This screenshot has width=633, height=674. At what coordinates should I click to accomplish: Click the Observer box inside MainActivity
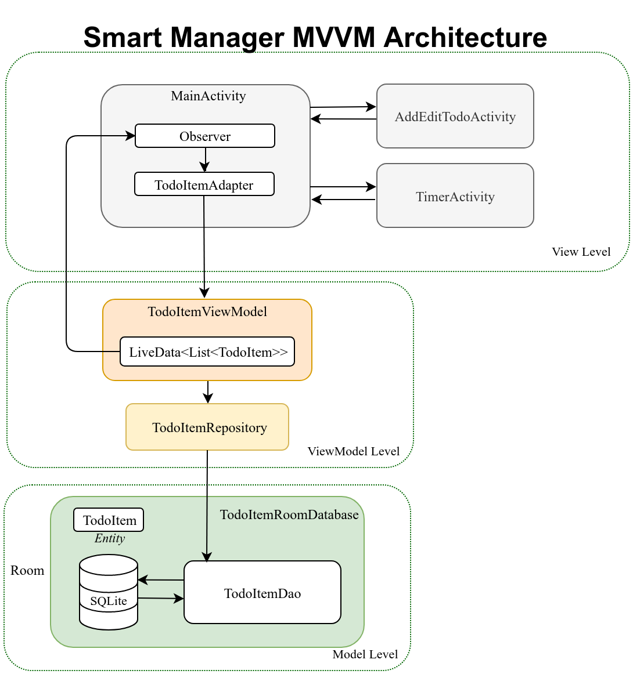(x=204, y=136)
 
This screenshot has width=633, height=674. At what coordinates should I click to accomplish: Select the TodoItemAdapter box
(x=204, y=184)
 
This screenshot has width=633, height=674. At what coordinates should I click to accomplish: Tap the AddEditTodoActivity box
(x=455, y=117)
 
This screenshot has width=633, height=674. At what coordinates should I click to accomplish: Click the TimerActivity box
(x=455, y=196)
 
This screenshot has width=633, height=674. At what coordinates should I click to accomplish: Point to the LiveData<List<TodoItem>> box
(x=207, y=352)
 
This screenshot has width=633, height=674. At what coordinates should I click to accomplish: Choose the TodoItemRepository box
(x=207, y=427)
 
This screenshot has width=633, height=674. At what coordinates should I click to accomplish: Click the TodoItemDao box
(x=262, y=593)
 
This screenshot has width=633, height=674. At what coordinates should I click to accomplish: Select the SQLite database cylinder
(x=109, y=593)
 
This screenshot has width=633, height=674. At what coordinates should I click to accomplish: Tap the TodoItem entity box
(x=109, y=520)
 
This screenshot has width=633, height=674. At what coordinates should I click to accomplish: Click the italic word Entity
(x=109, y=538)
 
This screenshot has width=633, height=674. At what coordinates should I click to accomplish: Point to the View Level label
(x=581, y=252)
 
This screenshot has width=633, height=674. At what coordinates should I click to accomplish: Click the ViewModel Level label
(x=353, y=451)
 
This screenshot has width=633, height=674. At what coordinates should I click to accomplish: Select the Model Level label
(x=365, y=654)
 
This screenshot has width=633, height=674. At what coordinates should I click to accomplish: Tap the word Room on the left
(x=27, y=570)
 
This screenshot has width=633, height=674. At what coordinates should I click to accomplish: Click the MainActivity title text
(x=208, y=96)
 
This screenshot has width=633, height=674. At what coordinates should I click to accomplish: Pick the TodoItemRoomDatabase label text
(x=289, y=514)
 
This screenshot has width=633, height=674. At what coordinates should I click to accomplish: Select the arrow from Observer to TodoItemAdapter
(x=206, y=160)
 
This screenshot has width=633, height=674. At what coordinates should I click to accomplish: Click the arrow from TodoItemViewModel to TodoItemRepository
(x=208, y=392)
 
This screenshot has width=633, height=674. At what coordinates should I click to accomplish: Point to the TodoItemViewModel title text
(x=207, y=311)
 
